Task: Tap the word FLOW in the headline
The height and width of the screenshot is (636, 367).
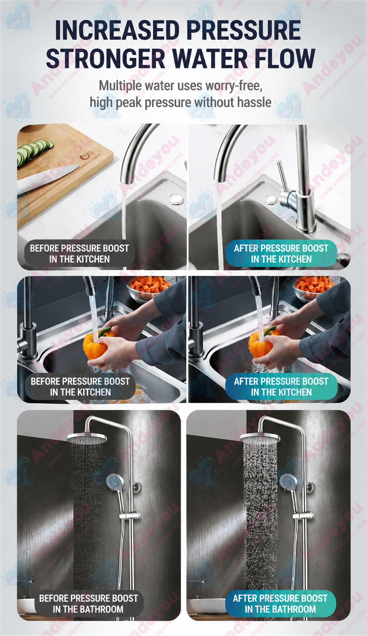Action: coord(285,59)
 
